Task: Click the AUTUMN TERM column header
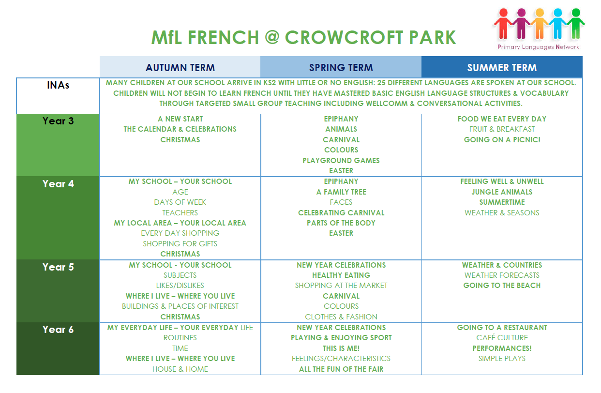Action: tap(180, 68)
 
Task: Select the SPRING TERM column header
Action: tap(341, 68)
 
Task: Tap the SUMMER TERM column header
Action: tap(502, 68)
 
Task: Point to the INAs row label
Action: tap(58, 86)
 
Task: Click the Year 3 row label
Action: tap(58, 121)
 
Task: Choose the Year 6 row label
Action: tap(58, 330)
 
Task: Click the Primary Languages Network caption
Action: tap(538, 47)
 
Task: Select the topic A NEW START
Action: tap(180, 119)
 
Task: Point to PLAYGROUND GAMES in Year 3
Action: tap(341, 161)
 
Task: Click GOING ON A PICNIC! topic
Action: tap(502, 140)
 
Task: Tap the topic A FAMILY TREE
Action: tap(341, 192)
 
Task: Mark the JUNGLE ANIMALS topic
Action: tap(502, 192)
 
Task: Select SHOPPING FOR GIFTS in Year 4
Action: tap(180, 244)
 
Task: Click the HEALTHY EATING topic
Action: tap(341, 275)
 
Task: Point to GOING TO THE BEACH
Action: tap(502, 286)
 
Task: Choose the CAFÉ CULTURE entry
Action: tap(502, 338)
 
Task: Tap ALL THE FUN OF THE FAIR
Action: tap(341, 369)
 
